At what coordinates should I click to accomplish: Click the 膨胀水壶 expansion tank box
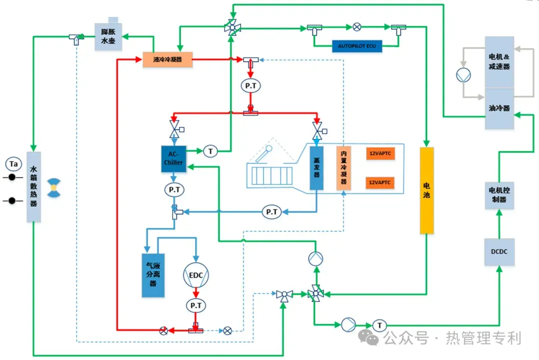pos(108,36)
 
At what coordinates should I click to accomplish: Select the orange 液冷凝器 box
pos(167,59)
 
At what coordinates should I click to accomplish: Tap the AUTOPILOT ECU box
pos(357,46)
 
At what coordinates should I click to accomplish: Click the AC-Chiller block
pos(173,159)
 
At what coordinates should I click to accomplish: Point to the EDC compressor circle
pos(196,275)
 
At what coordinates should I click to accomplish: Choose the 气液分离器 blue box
pos(153,275)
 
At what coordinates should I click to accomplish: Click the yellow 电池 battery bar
pos(427,190)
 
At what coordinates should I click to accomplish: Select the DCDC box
pos(499,252)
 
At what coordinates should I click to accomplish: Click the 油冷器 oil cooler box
pos(500,109)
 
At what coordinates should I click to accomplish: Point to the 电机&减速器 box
pos(500,61)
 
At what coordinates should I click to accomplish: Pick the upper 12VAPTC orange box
pos(380,154)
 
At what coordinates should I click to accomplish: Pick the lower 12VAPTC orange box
pos(380,182)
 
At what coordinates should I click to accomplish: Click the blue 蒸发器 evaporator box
pos(316,168)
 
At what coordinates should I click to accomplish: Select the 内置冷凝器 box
pos(343,168)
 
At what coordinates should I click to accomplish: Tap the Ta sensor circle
pos(13,164)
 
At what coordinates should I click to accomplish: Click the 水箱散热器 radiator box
pos(33,187)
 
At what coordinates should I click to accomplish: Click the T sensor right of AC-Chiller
pos(211,151)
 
